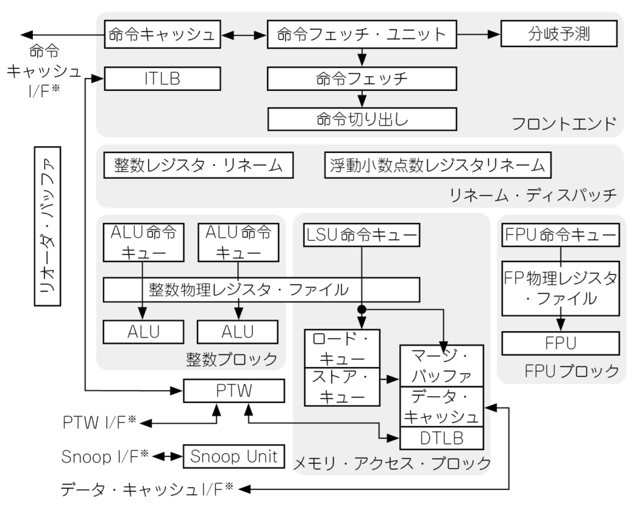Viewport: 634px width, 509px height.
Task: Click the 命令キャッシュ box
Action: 163,35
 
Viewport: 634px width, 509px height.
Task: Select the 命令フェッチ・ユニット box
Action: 362,35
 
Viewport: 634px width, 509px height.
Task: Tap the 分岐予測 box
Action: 558,35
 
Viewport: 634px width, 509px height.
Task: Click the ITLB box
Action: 163,78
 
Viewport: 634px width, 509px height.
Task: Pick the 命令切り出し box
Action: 362,118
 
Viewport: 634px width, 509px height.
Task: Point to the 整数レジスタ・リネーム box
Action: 198,165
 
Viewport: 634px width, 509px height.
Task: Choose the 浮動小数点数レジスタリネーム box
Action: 437,165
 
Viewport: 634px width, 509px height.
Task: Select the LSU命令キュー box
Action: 362,235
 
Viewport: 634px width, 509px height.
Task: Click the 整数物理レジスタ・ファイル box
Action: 261,289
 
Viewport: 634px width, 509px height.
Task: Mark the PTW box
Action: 233,391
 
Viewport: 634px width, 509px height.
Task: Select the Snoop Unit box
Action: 233,457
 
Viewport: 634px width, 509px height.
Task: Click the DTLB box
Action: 441,438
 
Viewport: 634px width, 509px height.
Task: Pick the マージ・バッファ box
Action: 441,366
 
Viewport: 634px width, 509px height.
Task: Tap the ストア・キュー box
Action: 342,386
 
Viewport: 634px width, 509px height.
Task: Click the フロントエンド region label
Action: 564,124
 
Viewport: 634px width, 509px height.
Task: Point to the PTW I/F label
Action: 99,423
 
